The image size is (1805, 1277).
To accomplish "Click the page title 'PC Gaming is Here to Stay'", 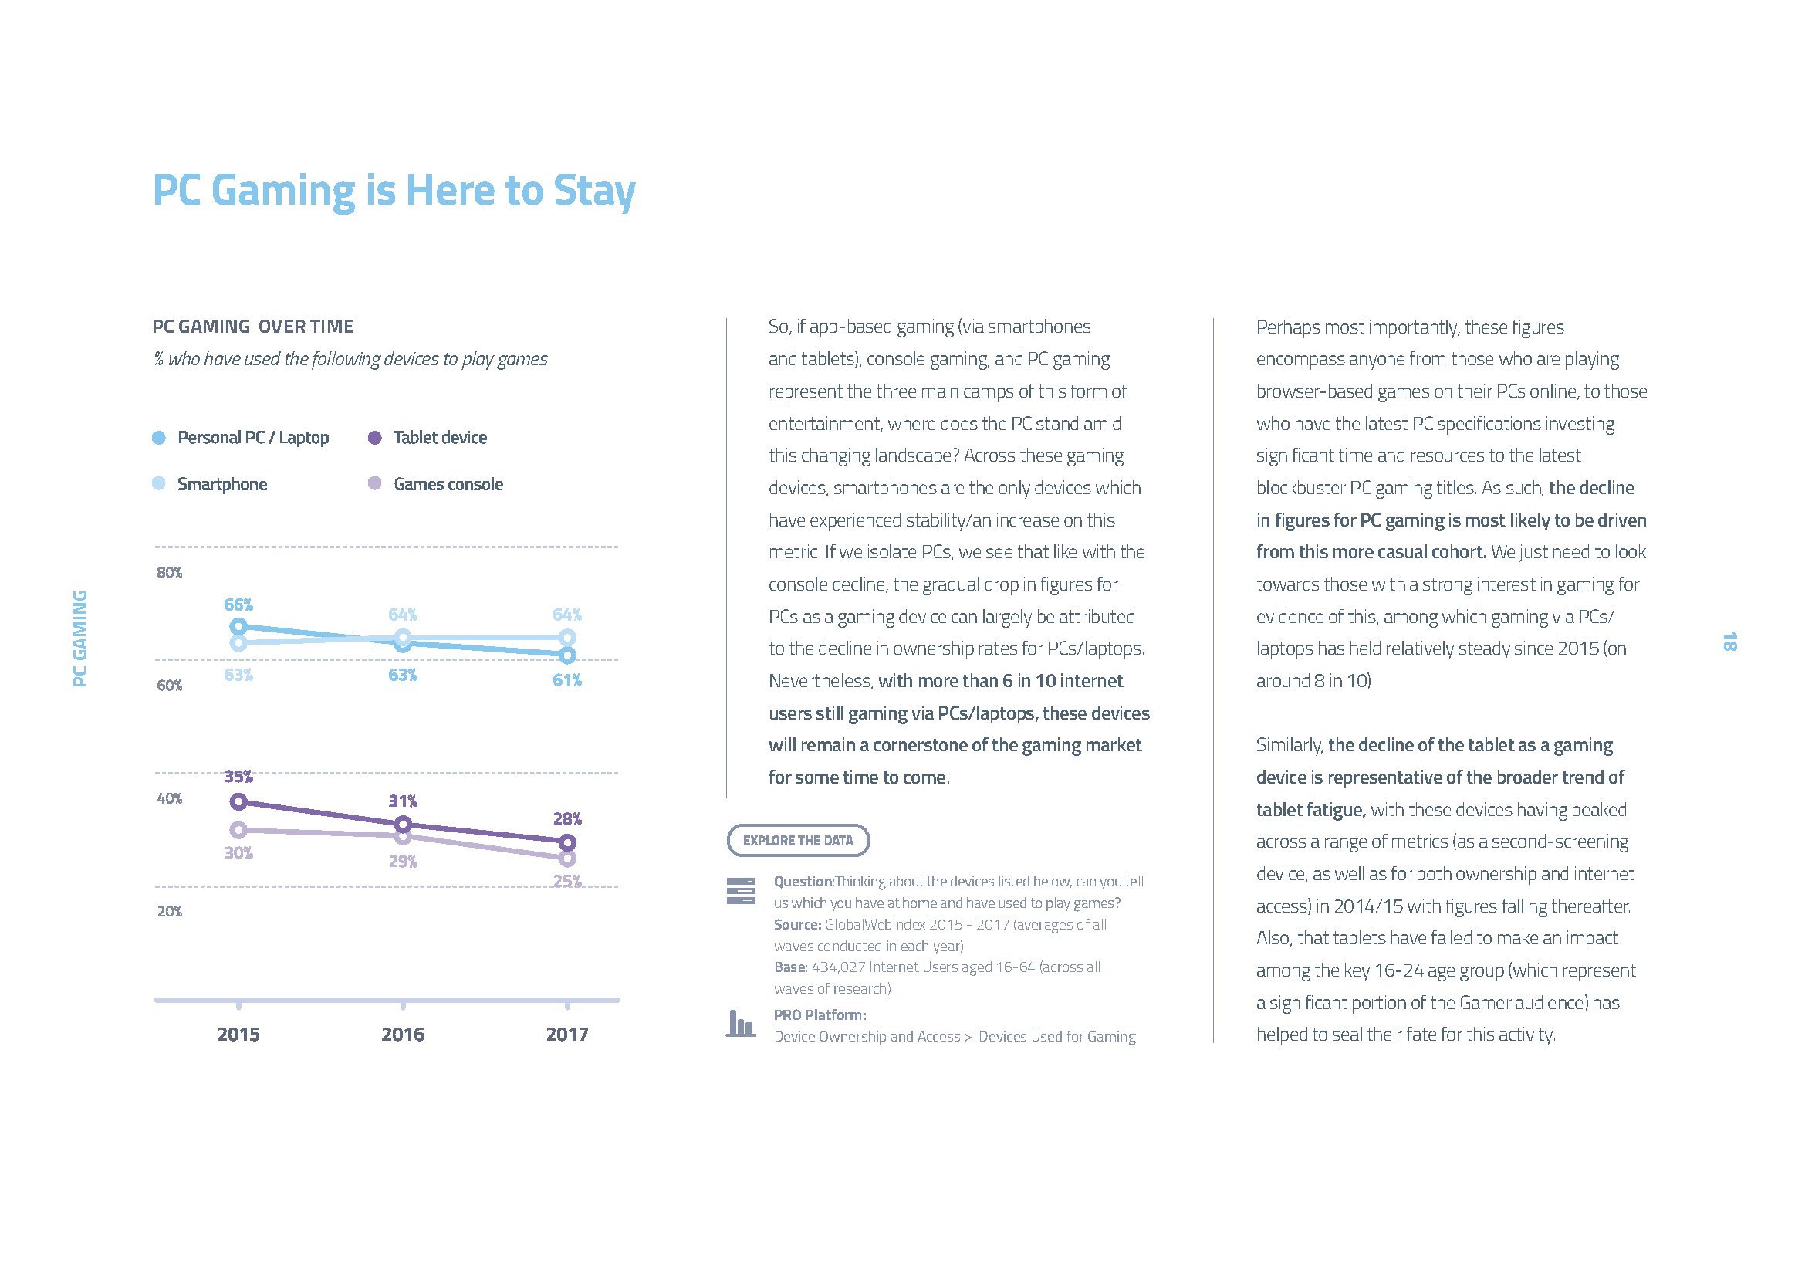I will point(393,191).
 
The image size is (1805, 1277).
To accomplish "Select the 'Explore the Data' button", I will point(798,840).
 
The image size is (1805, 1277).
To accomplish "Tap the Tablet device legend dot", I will point(375,438).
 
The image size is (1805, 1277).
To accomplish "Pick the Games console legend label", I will point(448,484).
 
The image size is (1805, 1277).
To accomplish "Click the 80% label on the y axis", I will point(169,572).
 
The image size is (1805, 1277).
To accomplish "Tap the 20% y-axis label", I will point(169,911).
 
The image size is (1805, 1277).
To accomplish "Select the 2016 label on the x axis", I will point(403,1034).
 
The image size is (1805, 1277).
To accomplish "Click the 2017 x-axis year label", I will point(567,1034).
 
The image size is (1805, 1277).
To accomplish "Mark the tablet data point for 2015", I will point(238,802).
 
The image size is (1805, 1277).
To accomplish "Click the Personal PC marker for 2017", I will point(567,655).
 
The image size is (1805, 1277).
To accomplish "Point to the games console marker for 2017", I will point(567,858).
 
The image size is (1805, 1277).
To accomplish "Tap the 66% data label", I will point(238,605).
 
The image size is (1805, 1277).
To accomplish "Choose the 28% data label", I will point(567,818).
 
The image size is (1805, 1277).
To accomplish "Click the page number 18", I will point(1729,642).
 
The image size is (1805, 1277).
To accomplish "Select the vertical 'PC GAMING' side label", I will point(79,638).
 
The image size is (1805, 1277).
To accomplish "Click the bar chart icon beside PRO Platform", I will point(740,1024).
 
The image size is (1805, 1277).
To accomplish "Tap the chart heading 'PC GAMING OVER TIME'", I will point(253,327).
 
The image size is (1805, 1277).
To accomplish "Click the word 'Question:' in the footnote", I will point(803,882).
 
